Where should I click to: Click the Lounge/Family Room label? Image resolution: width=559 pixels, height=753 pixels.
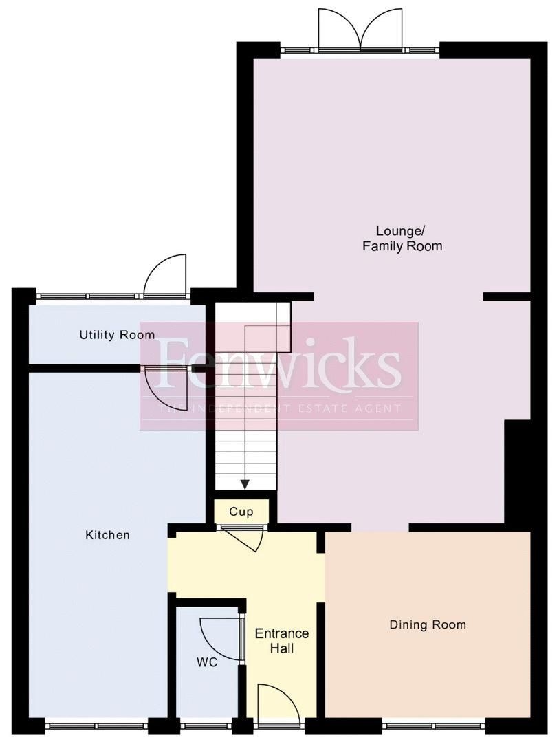[402, 238]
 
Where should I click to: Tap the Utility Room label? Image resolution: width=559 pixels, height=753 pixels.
[117, 335]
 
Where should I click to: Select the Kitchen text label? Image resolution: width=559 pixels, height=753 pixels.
[107, 534]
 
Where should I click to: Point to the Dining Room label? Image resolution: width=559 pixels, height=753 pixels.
[428, 624]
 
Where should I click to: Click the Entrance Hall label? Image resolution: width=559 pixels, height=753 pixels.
[282, 640]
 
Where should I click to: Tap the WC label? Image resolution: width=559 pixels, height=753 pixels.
[207, 662]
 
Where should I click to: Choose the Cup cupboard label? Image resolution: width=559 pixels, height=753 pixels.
[241, 512]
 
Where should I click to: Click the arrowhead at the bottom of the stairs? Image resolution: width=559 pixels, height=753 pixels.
[245, 484]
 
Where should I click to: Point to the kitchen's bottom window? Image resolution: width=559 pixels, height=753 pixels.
[96, 724]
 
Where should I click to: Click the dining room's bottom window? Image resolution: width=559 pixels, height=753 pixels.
[433, 724]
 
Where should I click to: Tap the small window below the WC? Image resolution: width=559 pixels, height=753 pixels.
[206, 724]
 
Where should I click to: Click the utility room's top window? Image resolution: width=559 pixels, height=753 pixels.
[89, 296]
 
